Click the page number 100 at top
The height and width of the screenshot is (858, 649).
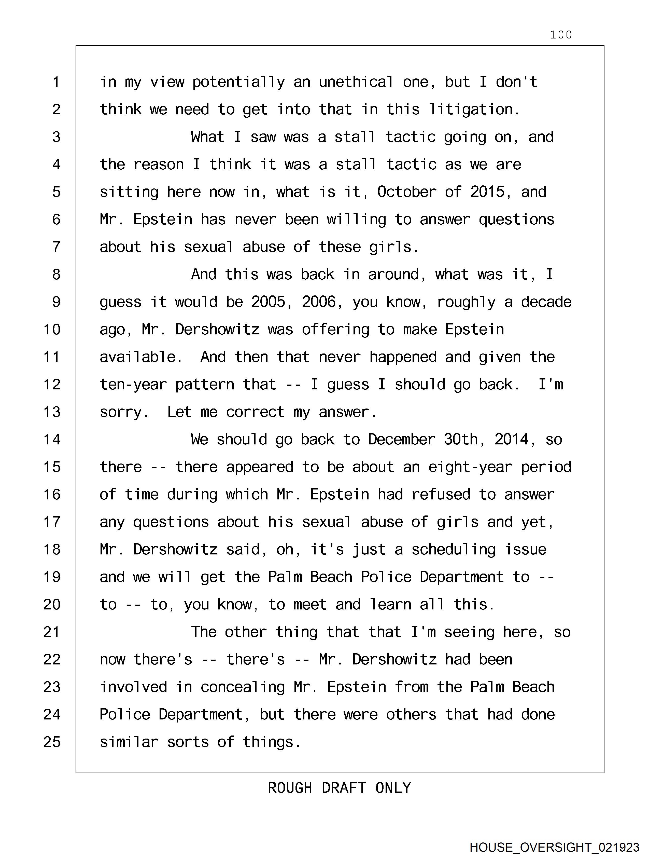click(561, 35)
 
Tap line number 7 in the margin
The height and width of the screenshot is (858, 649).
click(56, 247)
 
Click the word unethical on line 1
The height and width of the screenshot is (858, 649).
click(356, 82)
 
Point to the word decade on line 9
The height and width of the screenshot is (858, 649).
click(546, 302)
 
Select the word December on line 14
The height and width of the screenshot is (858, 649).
click(402, 440)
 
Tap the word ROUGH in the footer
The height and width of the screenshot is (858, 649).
click(290, 788)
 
